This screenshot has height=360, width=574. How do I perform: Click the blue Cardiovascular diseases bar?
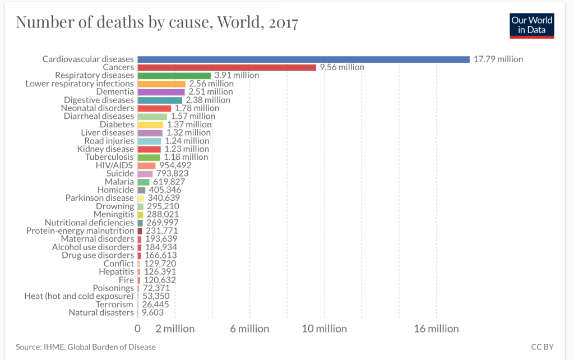(x=303, y=59)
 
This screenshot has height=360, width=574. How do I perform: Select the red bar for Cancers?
(x=226, y=67)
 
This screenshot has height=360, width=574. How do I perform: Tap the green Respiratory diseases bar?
(x=174, y=75)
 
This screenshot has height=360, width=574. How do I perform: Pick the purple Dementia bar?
(x=161, y=91)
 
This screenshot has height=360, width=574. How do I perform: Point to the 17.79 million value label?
(x=498, y=59)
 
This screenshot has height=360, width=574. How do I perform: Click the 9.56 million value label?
(x=341, y=67)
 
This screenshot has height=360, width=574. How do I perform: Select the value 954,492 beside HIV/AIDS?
(x=175, y=165)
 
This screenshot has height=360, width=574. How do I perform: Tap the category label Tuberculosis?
(x=109, y=157)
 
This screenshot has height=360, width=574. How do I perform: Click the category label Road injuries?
(x=109, y=141)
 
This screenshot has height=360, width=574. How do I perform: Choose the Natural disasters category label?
(x=101, y=312)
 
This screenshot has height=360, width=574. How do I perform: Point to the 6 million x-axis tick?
(x=249, y=329)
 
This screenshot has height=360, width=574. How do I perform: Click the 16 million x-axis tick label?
(x=436, y=329)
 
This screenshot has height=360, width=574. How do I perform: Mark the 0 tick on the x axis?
(x=138, y=329)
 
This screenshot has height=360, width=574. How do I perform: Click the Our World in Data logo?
(x=531, y=25)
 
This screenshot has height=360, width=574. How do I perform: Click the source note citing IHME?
(x=86, y=347)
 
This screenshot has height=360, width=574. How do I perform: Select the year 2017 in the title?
(x=283, y=23)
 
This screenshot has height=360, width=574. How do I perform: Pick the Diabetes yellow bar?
(x=150, y=124)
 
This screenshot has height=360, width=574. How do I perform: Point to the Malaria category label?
(x=119, y=182)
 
